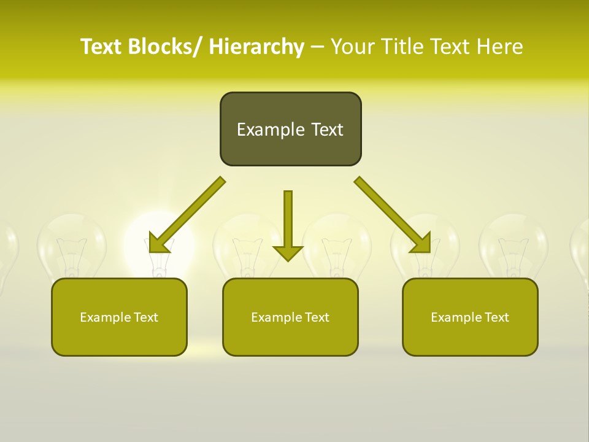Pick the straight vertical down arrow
[x=288, y=221]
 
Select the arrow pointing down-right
[x=393, y=215]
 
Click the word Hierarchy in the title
[x=256, y=47]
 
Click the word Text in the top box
[x=326, y=130]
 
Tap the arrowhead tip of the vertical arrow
[x=288, y=260]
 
